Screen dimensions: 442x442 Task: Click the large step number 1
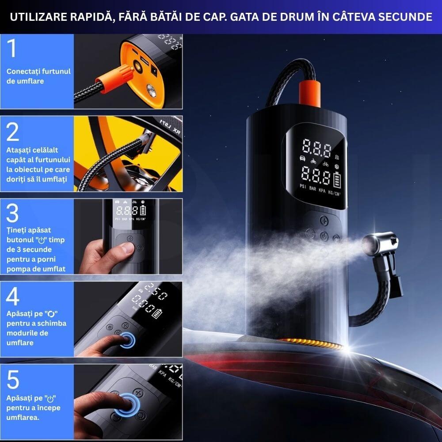(12, 48)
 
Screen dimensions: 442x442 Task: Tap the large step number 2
(12, 132)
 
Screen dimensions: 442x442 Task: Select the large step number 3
(12, 213)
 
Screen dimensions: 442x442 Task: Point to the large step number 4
(13, 296)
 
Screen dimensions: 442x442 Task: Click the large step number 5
(13, 379)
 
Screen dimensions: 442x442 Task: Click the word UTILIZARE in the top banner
(38, 17)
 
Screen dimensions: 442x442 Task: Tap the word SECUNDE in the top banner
(405, 17)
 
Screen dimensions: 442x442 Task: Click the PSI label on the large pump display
(303, 186)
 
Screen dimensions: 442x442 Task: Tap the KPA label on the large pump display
(322, 190)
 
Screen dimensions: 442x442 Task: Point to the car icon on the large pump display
(302, 158)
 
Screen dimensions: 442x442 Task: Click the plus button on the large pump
(324, 221)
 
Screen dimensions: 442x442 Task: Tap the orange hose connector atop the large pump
(309, 93)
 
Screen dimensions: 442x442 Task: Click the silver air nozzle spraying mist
(380, 243)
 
